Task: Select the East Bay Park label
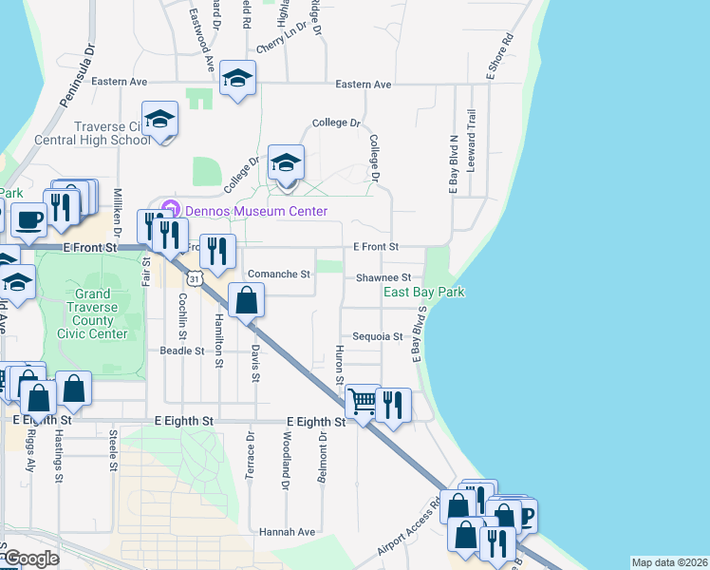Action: point(423,293)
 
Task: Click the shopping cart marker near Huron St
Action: point(363,403)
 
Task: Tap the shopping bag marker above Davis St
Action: point(246,301)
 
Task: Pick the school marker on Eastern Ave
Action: point(237,79)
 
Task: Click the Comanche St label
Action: point(279,275)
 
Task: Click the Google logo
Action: point(31,559)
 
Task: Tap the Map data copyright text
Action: point(668,562)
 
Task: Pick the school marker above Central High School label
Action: point(160,120)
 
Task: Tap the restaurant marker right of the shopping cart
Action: point(393,405)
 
